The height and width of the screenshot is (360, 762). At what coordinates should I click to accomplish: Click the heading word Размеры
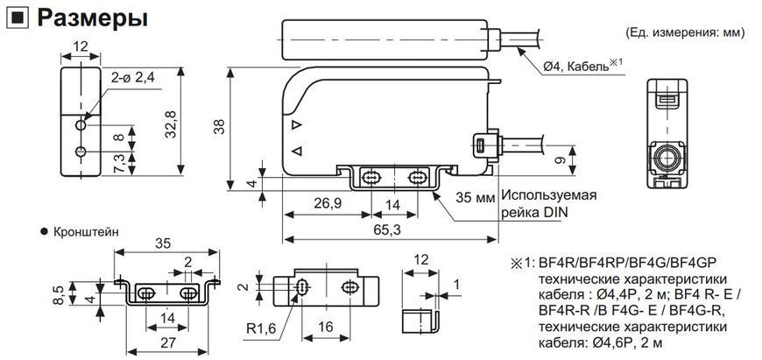(92, 19)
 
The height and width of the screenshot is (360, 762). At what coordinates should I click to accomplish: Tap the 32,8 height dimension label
(171, 124)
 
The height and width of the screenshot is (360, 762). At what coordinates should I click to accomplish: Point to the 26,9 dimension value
(328, 204)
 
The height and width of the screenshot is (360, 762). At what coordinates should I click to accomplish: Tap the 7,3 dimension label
(119, 162)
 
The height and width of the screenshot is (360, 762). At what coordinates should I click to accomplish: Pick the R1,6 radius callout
(261, 328)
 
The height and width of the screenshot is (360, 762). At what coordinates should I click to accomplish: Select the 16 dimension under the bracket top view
(325, 327)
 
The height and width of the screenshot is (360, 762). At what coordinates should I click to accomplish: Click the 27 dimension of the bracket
(167, 342)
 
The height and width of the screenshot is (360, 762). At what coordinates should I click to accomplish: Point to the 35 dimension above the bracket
(163, 243)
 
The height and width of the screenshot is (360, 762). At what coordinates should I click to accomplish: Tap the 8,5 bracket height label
(59, 295)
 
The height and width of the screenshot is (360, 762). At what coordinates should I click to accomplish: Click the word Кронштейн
(86, 232)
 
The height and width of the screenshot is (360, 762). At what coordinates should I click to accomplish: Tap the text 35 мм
(476, 197)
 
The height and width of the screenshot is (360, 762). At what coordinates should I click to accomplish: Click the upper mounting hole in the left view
(81, 125)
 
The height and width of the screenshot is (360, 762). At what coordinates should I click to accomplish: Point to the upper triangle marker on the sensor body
(296, 125)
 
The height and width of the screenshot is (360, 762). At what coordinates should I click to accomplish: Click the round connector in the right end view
(667, 158)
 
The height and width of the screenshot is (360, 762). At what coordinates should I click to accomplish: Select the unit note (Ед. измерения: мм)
(685, 33)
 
